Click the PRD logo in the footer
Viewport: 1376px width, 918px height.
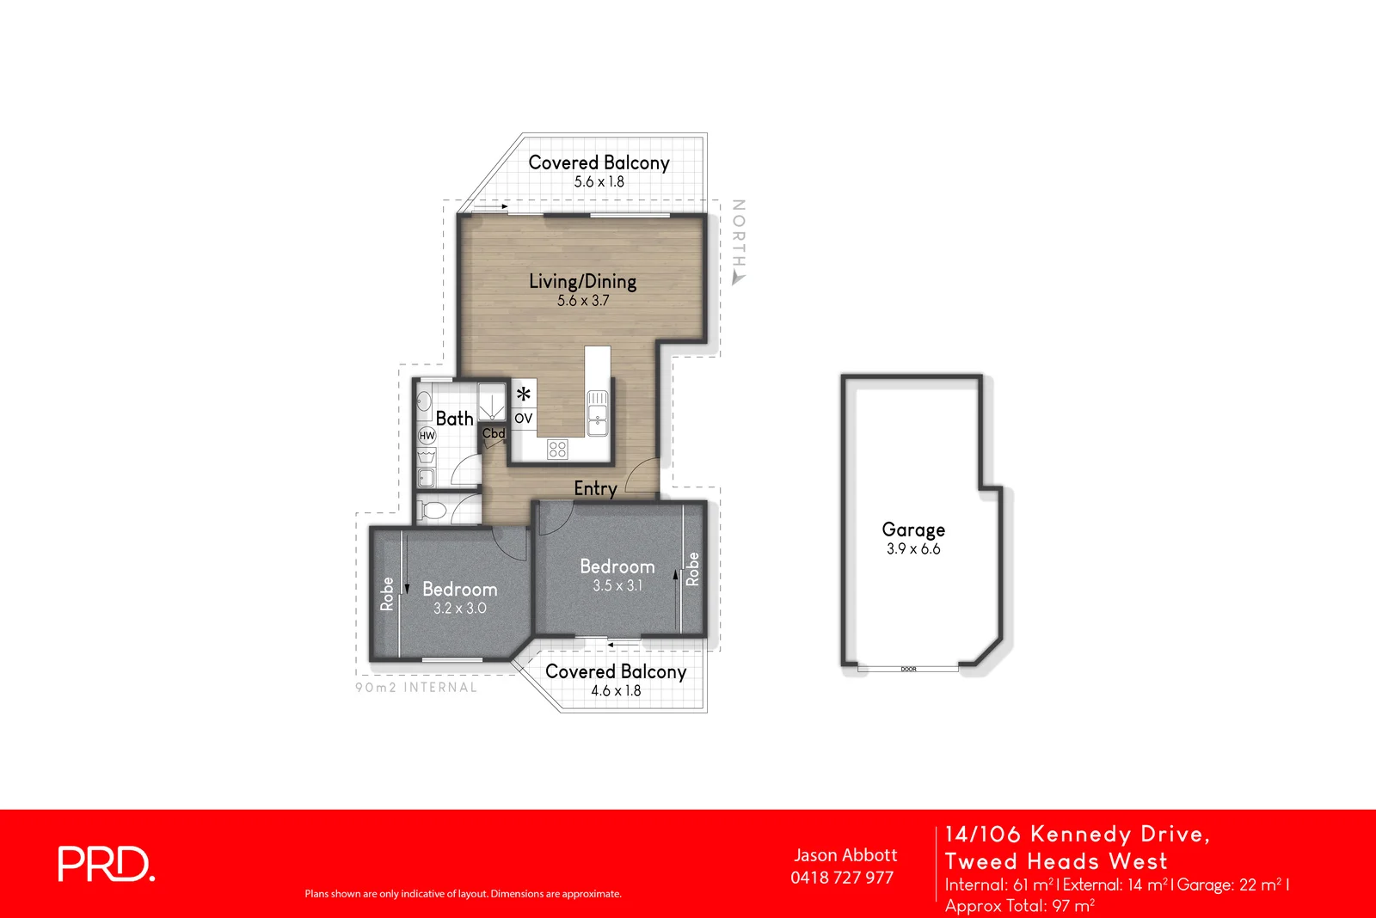point(106,864)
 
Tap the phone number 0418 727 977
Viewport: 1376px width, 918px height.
point(842,878)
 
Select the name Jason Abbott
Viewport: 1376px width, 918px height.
point(845,855)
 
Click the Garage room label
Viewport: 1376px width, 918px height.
point(913,529)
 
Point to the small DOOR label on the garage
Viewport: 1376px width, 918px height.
point(909,669)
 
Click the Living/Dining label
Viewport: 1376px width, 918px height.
point(582,281)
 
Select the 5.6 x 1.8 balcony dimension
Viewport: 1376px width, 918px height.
point(599,182)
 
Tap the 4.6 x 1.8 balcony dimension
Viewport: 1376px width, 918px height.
point(616,691)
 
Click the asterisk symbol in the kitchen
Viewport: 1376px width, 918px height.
point(524,395)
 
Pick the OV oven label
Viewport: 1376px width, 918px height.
point(524,419)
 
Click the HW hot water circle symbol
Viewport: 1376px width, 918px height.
point(427,436)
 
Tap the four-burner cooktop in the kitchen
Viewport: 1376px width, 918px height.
point(557,449)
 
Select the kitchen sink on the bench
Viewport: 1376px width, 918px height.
point(598,413)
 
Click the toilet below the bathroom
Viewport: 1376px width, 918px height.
point(433,512)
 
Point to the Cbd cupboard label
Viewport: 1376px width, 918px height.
point(494,433)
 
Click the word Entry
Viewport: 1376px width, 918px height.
point(595,488)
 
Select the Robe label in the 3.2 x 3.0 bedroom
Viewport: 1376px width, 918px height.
point(387,594)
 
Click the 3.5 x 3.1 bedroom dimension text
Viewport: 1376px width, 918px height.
point(617,586)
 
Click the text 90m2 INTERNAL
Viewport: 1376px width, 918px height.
point(416,688)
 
